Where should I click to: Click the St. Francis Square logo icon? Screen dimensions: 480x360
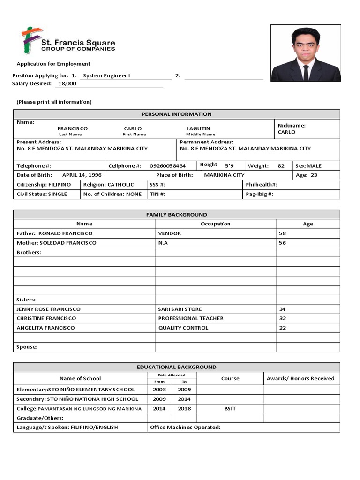(x=29, y=40)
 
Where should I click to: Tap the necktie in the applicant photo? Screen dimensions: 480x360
(x=306, y=72)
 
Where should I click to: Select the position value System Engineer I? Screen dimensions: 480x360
(x=106, y=75)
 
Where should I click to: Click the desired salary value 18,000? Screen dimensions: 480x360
(x=67, y=84)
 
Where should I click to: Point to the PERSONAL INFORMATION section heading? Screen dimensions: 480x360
(x=176, y=114)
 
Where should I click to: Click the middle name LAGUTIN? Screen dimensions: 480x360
(x=198, y=128)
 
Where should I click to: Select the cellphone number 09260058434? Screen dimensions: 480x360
(x=167, y=166)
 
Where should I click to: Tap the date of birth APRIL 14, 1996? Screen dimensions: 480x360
(x=82, y=175)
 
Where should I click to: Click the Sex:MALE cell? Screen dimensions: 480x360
(x=308, y=166)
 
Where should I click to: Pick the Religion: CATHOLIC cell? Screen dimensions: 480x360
(x=108, y=185)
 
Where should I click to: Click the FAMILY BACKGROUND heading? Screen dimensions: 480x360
(x=176, y=215)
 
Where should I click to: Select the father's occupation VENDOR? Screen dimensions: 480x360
(x=169, y=233)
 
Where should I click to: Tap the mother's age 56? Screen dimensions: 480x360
(x=282, y=243)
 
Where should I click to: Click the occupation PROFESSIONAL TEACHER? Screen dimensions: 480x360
(x=191, y=318)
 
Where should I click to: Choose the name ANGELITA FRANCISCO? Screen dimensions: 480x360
(x=45, y=328)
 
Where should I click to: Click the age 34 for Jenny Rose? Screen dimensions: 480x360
(x=282, y=309)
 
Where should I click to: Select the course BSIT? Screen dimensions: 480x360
(x=230, y=408)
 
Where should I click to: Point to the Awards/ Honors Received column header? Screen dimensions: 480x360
(x=300, y=378)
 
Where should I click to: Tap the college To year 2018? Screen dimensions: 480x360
(x=184, y=408)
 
